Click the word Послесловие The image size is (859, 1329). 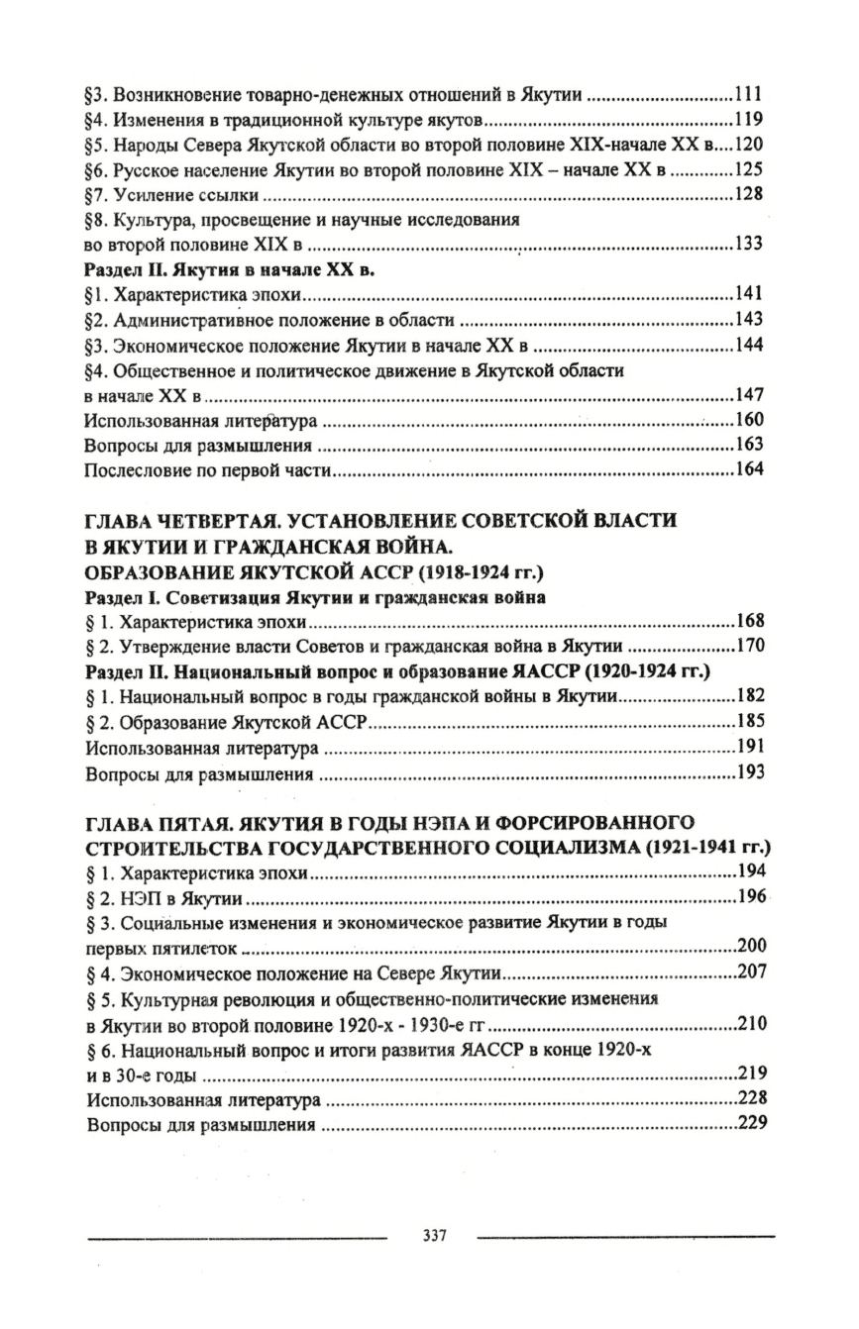133,469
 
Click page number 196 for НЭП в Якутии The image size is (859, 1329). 751,899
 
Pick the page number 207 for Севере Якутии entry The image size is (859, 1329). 751,972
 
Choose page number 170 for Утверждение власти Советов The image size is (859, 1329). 751,647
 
